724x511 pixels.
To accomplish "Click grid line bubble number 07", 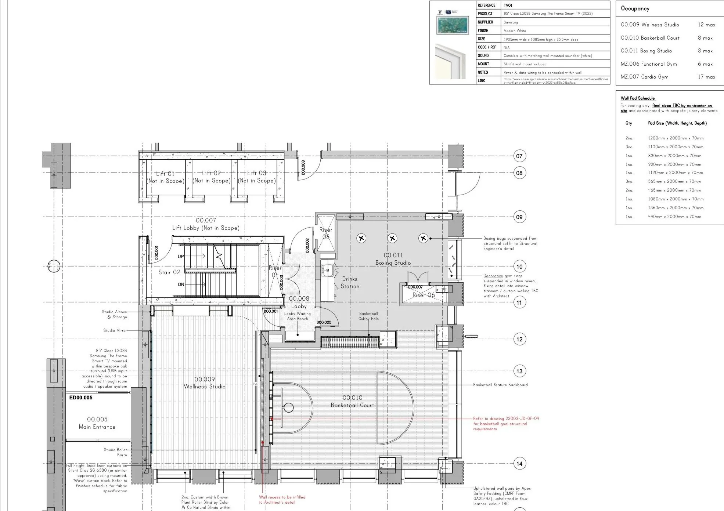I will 519,156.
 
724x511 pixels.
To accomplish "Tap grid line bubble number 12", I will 519,339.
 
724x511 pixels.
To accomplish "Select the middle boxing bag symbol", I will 392,239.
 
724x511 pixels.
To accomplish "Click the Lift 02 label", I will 211,177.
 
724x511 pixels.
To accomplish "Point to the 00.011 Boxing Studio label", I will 393,259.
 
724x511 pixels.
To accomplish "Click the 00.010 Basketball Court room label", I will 352,401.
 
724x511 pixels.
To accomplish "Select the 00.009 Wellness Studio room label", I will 205,383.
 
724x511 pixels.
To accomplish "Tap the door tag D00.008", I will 303,167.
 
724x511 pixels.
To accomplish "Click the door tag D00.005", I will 324,322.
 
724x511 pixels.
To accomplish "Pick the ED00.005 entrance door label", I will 81,397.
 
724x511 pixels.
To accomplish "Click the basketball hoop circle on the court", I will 289,407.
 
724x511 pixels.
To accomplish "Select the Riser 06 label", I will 424,295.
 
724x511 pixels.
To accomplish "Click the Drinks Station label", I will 350,282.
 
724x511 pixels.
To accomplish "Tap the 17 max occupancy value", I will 706,77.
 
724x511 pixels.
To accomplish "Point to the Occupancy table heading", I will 635,8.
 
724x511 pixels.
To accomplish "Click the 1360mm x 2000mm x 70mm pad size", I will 676,208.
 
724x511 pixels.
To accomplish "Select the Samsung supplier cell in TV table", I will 511,22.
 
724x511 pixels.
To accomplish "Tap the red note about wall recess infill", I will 282,500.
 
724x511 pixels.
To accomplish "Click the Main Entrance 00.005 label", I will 97,423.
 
